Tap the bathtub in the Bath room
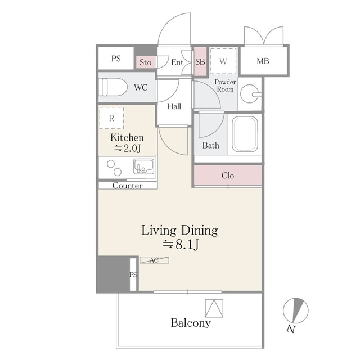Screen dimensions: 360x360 click(x=245, y=134)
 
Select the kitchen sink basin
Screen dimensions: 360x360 click(x=144, y=166)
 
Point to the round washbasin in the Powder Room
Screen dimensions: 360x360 click(x=250, y=94)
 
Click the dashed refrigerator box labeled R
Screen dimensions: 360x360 click(x=111, y=118)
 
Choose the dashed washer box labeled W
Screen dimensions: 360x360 click(x=223, y=61)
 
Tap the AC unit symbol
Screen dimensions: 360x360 click(x=154, y=260)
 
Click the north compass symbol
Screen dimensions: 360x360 click(x=295, y=310)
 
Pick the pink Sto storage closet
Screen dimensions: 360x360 click(x=145, y=62)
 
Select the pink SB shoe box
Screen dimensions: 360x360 click(x=200, y=61)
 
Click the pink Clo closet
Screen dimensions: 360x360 click(x=228, y=175)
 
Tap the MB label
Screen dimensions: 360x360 click(x=263, y=61)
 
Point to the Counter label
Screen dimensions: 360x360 click(x=128, y=186)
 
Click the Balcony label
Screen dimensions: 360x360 click(x=191, y=323)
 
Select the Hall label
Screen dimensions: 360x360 click(x=174, y=106)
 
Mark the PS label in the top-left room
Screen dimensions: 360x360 click(x=116, y=58)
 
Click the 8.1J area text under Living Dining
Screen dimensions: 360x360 click(x=181, y=245)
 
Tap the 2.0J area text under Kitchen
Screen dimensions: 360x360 click(x=128, y=148)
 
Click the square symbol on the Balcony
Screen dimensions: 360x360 click(x=214, y=308)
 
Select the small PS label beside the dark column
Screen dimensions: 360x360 click(x=133, y=274)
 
